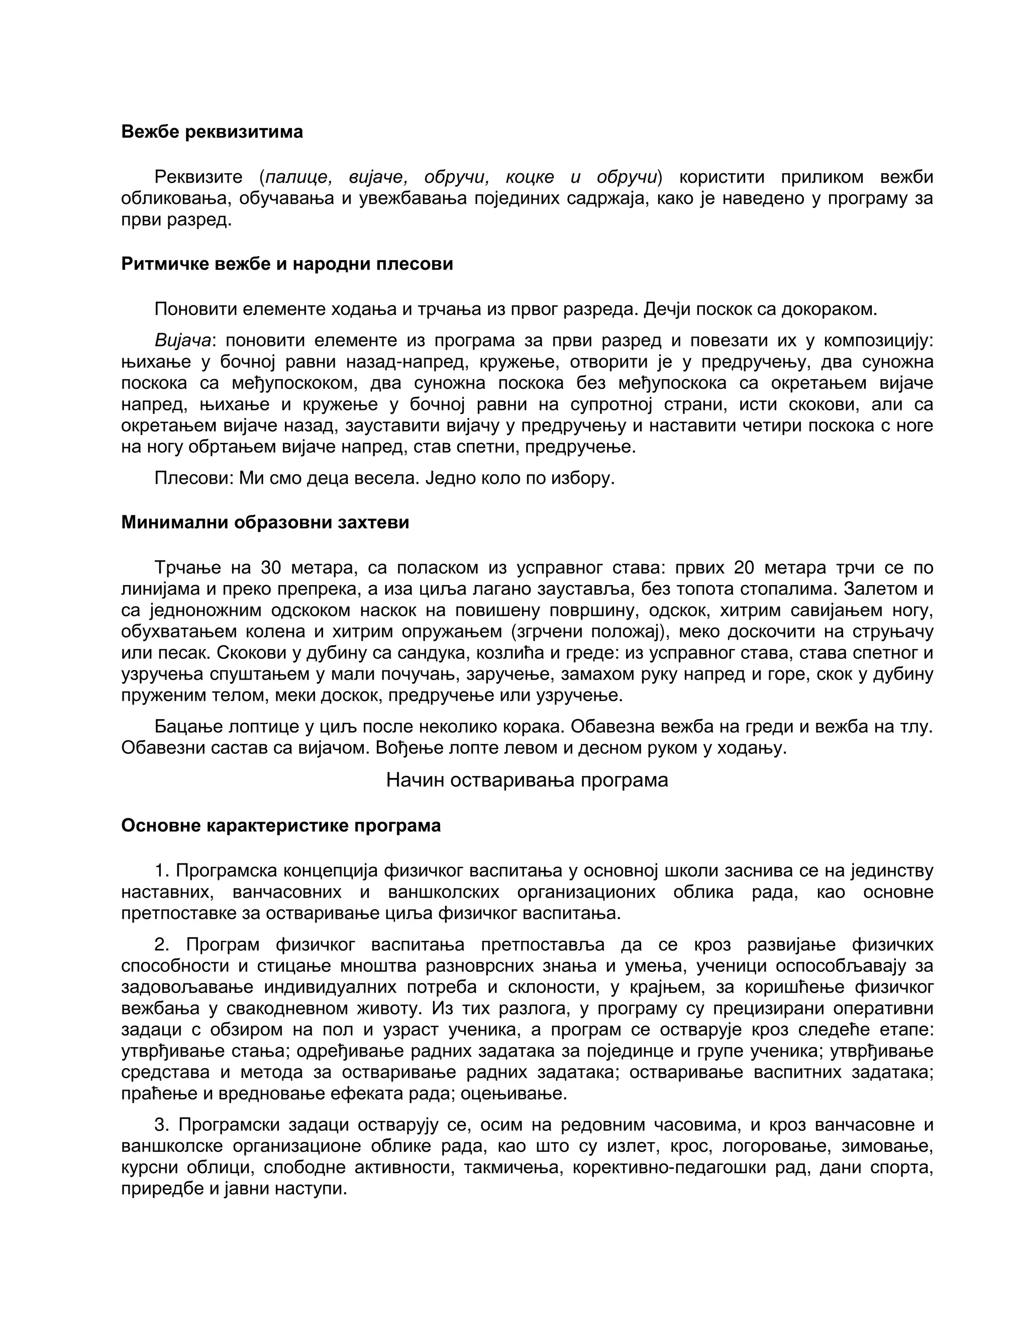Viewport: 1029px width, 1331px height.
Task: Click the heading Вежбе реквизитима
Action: [212, 132]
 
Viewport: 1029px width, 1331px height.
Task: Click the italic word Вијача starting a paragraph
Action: [183, 340]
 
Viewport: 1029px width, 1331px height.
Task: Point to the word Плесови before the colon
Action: [191, 478]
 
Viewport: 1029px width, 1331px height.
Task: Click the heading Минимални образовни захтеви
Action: [265, 522]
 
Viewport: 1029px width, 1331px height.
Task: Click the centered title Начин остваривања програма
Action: [527, 780]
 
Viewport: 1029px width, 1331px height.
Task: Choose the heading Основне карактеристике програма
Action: [280, 825]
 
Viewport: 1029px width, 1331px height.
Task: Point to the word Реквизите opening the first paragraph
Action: [198, 177]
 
